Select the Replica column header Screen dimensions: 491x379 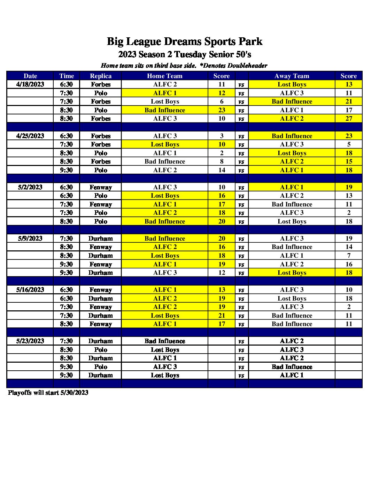click(101, 76)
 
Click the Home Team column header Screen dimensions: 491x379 click(165, 76)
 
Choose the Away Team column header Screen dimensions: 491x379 click(292, 76)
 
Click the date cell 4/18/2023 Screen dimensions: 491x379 click(30, 84)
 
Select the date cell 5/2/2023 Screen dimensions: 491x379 click(30, 187)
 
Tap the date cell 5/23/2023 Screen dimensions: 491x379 click(30, 341)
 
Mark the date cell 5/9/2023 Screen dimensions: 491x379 click(30, 239)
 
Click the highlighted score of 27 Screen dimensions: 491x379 click(349, 119)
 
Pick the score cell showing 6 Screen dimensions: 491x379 click(222, 101)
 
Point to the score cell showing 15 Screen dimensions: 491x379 click(349, 161)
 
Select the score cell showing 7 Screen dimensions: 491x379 click(349, 256)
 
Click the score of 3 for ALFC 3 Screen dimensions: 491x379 click(222, 136)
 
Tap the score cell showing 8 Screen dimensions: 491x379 click(222, 161)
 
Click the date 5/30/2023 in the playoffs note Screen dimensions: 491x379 click(74, 393)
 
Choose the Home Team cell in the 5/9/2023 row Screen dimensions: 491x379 click(165, 239)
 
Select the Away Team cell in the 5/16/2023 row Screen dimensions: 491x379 click(292, 290)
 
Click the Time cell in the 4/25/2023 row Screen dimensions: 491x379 click(66, 136)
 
